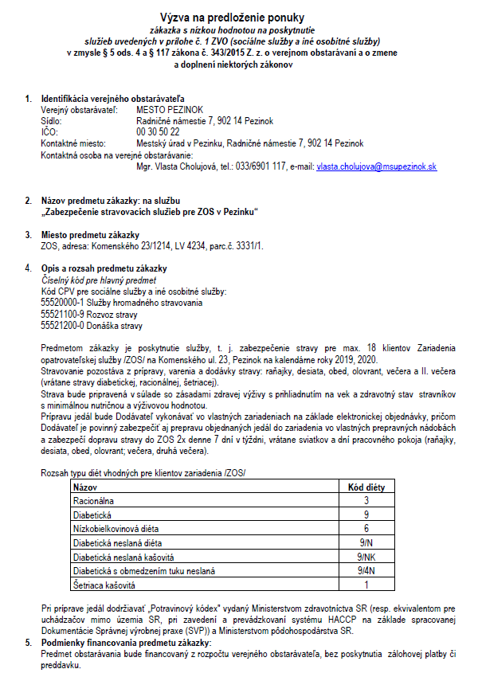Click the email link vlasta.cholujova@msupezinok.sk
376,168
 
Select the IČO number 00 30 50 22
158,131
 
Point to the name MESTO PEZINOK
170,108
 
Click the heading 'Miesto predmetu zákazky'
90,234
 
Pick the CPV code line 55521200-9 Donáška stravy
92,325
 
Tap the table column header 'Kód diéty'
366,486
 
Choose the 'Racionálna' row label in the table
95,500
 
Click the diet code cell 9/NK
366,557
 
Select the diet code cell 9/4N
366,571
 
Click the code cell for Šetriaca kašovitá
366,585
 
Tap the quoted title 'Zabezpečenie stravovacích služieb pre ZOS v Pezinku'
150,211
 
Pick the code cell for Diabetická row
366,515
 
